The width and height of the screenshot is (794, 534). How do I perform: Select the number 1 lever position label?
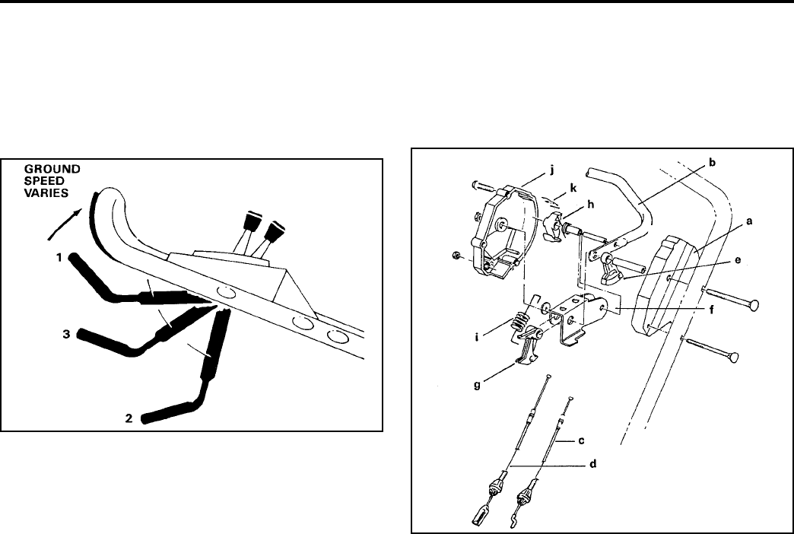coord(59,259)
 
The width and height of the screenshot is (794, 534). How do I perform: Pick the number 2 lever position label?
coord(131,417)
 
